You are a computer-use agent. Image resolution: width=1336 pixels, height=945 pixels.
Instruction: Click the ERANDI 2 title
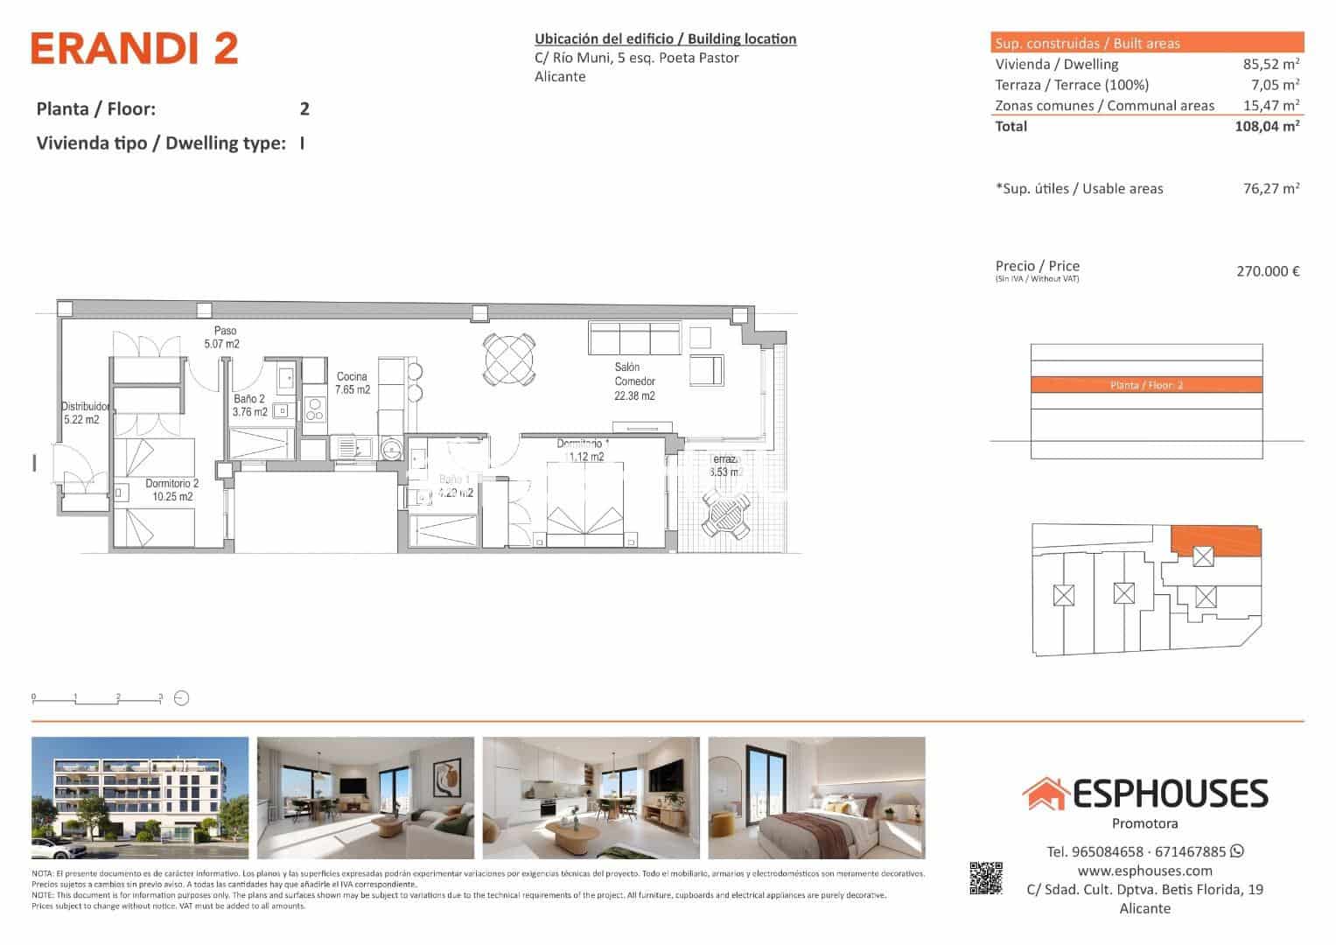(135, 49)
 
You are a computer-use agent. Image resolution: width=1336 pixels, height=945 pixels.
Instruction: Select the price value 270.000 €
(1267, 271)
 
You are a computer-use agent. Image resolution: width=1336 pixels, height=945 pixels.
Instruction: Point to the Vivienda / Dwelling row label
(1056, 64)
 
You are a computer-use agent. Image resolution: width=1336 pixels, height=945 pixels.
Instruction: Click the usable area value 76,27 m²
(1270, 188)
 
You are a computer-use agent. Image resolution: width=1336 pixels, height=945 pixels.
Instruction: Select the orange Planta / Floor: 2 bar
(1146, 385)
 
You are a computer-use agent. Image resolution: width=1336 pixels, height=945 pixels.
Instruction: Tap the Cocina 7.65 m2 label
(353, 383)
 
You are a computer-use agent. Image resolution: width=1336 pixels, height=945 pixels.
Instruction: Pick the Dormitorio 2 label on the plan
(171, 490)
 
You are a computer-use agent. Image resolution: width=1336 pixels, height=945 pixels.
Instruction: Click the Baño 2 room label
(249, 405)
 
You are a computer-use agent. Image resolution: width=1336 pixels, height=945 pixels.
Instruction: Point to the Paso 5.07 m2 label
(221, 338)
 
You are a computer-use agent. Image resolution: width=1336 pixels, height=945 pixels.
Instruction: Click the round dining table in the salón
(508, 360)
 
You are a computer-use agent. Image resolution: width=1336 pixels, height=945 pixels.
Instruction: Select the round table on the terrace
(726, 516)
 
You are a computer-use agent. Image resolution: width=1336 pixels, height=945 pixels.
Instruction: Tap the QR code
(985, 878)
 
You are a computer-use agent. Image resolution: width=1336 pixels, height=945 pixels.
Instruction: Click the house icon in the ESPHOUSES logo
(1045, 794)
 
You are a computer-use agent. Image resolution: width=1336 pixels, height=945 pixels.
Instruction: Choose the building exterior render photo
(140, 798)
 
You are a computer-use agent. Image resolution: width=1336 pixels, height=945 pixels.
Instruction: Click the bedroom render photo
(816, 798)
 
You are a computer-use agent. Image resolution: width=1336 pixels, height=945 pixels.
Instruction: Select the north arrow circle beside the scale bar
(182, 698)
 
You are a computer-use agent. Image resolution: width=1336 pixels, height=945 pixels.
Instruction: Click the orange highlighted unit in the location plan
(1215, 542)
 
